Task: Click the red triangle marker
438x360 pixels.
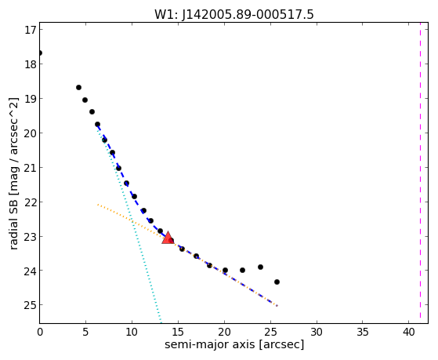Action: pyautogui.click(x=168, y=238)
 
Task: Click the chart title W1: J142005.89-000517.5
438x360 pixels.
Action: pyautogui.click(x=234, y=14)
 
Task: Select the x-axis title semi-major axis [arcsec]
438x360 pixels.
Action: pyautogui.click(x=234, y=344)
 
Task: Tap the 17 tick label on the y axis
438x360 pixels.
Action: pyautogui.click(x=31, y=30)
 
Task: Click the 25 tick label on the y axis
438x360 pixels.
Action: pyautogui.click(x=30, y=305)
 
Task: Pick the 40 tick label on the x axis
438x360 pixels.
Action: pyautogui.click(x=409, y=332)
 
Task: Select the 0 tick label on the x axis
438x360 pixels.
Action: pyautogui.click(x=40, y=332)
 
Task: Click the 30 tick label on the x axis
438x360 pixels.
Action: pyautogui.click(x=317, y=332)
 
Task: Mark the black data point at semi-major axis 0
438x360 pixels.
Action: pyautogui.click(x=40, y=53)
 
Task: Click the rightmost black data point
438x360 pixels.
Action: pyautogui.click(x=277, y=282)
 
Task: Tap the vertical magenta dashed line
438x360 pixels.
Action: pyautogui.click(x=420, y=173)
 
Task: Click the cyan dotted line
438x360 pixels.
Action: pyautogui.click(x=129, y=224)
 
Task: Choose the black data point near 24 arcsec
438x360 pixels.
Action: pyautogui.click(x=260, y=267)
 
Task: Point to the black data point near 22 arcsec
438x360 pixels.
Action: pyautogui.click(x=242, y=271)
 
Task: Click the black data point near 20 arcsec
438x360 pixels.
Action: pyautogui.click(x=225, y=271)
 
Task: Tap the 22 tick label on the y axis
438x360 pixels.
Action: pyautogui.click(x=30, y=202)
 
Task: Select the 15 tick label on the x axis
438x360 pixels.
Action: pyautogui.click(x=178, y=332)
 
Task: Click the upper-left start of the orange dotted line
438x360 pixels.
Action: pyautogui.click(x=98, y=205)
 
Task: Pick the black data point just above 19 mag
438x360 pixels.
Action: pyautogui.click(x=79, y=88)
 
